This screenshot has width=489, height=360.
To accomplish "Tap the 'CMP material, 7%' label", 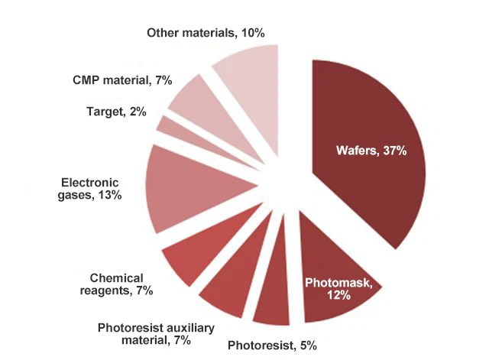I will pyautogui.click(x=123, y=79).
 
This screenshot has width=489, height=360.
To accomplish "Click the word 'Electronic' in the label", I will pyautogui.click(x=90, y=182).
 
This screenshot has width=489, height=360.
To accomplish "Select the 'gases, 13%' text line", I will pyautogui.click(x=90, y=196).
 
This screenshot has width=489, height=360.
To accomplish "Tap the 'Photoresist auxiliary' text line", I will pyautogui.click(x=154, y=327).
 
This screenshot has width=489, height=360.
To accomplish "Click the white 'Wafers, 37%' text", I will pyautogui.click(x=371, y=151).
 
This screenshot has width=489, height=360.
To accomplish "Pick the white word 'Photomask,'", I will pyautogui.click(x=338, y=283).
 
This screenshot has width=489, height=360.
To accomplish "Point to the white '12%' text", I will pyautogui.click(x=338, y=296).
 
